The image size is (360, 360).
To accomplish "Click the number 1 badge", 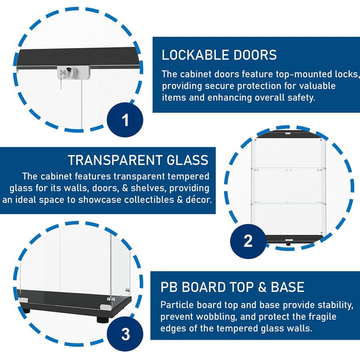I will coord(125,120).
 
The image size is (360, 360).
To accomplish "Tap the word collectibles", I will coord(145,200).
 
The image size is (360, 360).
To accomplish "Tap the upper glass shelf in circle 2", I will coord(288,168).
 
